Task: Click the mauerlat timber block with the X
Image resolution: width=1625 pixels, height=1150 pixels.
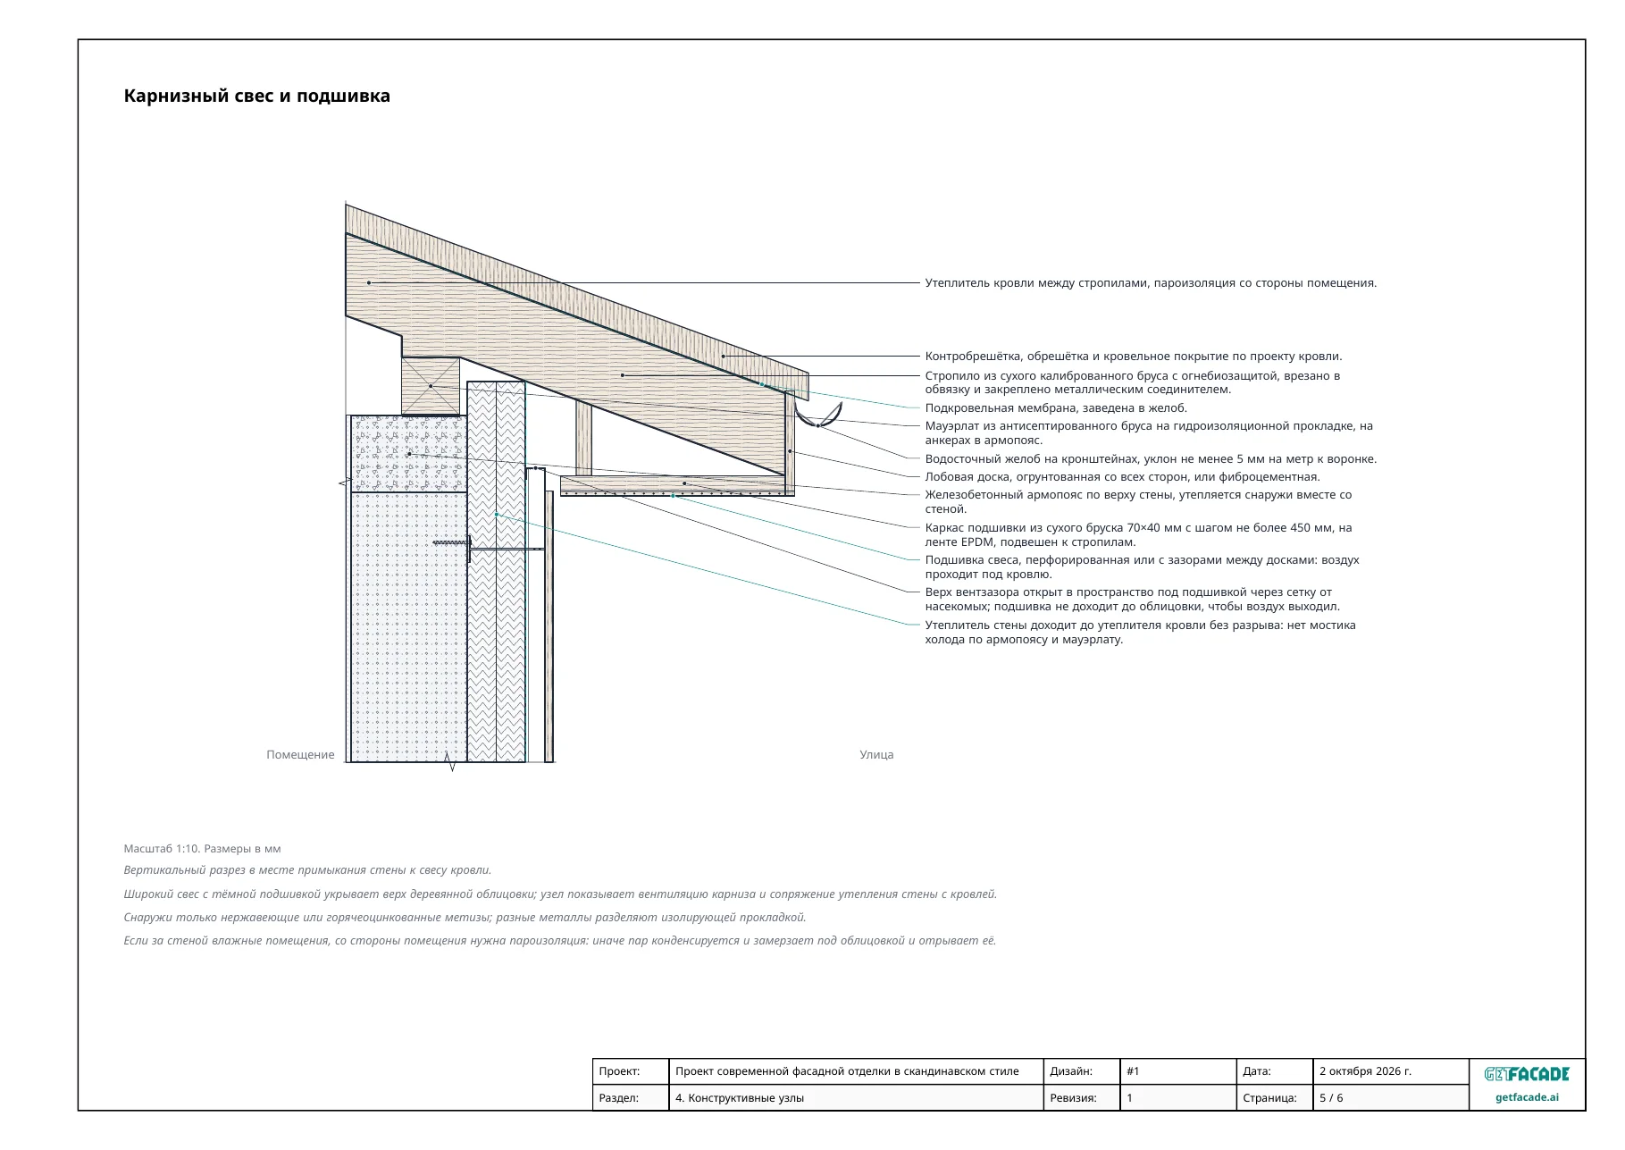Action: (431, 386)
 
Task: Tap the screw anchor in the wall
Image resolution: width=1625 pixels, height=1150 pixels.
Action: (453, 542)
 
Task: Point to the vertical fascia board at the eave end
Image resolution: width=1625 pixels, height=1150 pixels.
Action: (790, 441)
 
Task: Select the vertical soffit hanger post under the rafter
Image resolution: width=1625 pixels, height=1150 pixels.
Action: (583, 438)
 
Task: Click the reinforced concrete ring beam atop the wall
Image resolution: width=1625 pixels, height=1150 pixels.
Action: (408, 454)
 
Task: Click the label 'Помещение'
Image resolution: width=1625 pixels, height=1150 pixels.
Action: (300, 755)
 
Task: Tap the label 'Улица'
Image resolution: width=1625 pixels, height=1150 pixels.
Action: (876, 755)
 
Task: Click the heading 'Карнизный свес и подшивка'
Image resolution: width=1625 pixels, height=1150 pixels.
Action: (257, 97)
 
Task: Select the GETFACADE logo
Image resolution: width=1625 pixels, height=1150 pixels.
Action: (1527, 1074)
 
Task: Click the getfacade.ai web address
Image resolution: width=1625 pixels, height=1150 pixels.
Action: (1527, 1097)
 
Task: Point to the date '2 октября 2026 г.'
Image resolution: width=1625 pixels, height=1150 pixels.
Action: (1365, 1071)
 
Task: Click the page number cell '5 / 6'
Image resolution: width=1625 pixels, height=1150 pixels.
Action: (1331, 1098)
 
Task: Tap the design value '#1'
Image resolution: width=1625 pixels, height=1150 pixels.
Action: (1133, 1071)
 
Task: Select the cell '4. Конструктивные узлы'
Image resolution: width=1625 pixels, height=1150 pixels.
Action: (740, 1098)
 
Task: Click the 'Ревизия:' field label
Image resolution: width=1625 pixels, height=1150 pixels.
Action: (1073, 1098)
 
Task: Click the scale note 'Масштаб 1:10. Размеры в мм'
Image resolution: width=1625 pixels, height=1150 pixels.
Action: (202, 849)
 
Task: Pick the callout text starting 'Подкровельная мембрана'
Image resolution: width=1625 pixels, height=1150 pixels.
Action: (1056, 408)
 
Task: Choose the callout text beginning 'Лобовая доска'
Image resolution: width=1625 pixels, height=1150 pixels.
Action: (1122, 477)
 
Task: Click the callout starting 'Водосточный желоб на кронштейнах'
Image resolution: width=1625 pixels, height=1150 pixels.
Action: (1151, 459)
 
